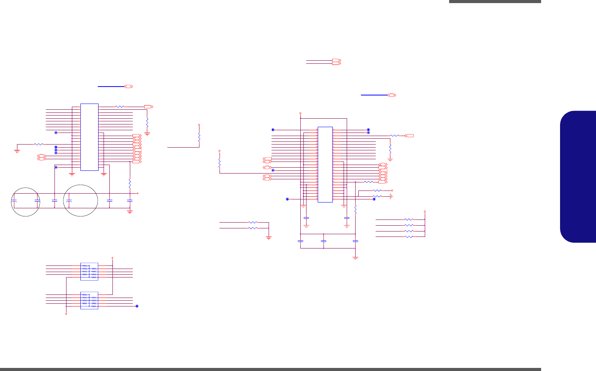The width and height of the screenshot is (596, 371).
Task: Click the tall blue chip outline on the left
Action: [89, 137]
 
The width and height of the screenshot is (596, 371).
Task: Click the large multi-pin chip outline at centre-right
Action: [325, 164]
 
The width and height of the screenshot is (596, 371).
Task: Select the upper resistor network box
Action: [89, 271]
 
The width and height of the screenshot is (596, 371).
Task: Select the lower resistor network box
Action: [89, 300]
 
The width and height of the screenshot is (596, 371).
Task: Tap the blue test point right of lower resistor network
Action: [137, 306]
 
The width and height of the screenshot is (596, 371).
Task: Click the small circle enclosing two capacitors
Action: [26, 201]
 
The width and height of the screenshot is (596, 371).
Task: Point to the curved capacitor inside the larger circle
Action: [69, 201]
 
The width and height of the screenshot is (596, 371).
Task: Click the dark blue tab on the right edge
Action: [578, 177]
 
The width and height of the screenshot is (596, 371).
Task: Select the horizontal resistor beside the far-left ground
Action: [39, 145]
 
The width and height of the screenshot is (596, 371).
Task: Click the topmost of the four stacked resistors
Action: [409, 219]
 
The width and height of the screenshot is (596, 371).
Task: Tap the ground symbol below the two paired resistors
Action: [269, 238]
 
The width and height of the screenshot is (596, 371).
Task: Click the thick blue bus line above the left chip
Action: [111, 87]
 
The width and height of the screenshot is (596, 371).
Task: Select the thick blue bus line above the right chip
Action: [374, 95]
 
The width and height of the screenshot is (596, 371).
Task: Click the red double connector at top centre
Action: [336, 61]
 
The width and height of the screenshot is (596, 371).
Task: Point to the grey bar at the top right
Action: [495, 2]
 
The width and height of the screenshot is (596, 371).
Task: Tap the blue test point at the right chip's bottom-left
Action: [287, 199]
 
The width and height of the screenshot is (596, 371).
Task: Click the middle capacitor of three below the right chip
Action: [324, 241]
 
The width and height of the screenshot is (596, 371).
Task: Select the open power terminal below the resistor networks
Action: [66, 314]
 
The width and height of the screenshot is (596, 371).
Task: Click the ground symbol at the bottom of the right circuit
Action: [356, 257]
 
